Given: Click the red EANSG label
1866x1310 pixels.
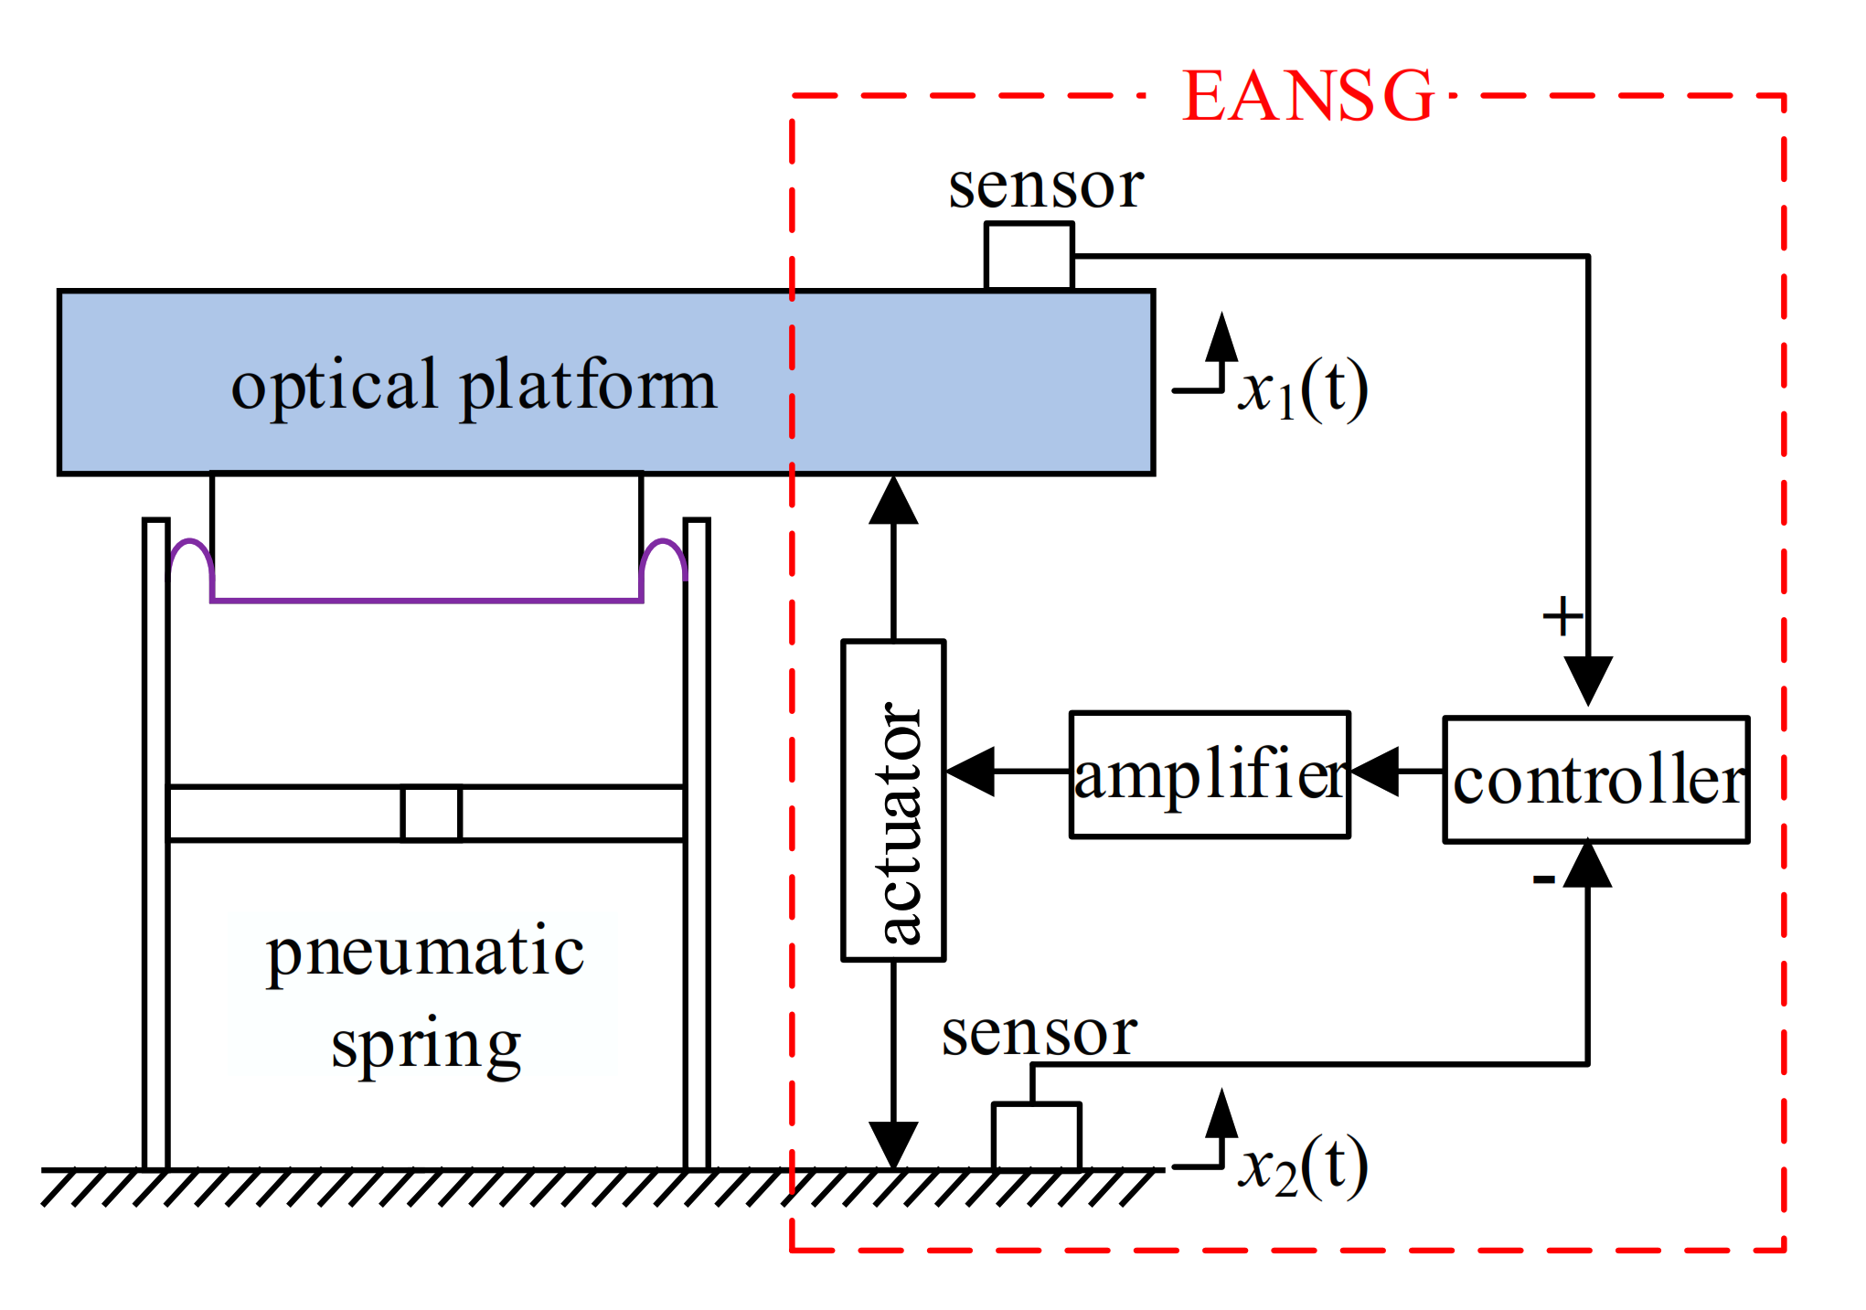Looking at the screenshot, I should point(1307,96).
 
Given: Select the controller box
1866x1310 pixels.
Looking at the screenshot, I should point(1595,780).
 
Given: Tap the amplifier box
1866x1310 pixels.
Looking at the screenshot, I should point(1209,774).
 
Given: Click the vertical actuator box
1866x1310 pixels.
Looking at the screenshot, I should point(893,800).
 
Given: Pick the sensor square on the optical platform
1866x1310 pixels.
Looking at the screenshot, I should point(1029,256).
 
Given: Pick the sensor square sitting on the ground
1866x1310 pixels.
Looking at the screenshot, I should point(1036,1135).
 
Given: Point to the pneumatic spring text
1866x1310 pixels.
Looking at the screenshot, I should point(425,996).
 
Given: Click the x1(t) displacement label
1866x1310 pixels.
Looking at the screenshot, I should point(1303,390).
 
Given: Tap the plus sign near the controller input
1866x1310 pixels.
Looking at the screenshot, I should point(1562,616).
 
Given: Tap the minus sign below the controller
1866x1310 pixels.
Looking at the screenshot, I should point(1543,879).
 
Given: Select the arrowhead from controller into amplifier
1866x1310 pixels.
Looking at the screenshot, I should point(1376,772).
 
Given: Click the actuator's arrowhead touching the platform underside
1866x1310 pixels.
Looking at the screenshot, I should point(893,501).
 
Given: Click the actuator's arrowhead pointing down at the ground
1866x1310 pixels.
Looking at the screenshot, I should point(893,1143).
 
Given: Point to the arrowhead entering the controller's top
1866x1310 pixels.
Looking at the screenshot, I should point(1588,679).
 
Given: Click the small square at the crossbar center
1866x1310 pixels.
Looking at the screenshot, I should point(431,813).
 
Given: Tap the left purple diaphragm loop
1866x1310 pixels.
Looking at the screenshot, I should point(191,558).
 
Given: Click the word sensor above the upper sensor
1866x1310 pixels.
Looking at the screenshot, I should point(1045,186).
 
